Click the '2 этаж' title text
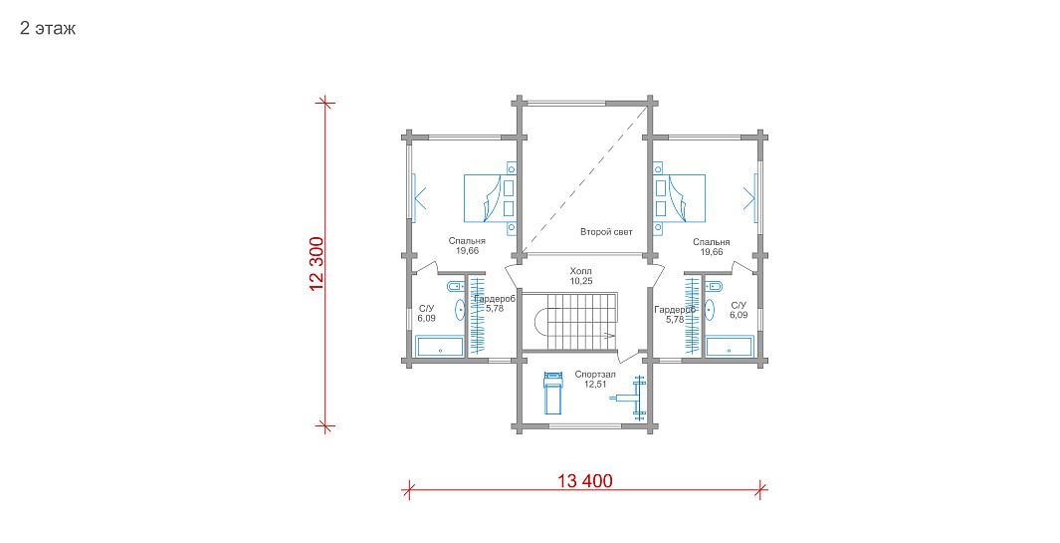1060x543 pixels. click(48, 29)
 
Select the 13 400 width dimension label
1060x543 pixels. click(585, 480)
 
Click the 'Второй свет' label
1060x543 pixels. click(606, 231)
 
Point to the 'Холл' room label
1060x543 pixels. click(580, 271)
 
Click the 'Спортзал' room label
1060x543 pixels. click(595, 375)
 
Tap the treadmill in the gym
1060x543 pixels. click(553, 392)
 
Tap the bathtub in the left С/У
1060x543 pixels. click(440, 348)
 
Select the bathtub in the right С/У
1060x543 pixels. click(730, 348)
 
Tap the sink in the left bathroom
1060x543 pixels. click(460, 310)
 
